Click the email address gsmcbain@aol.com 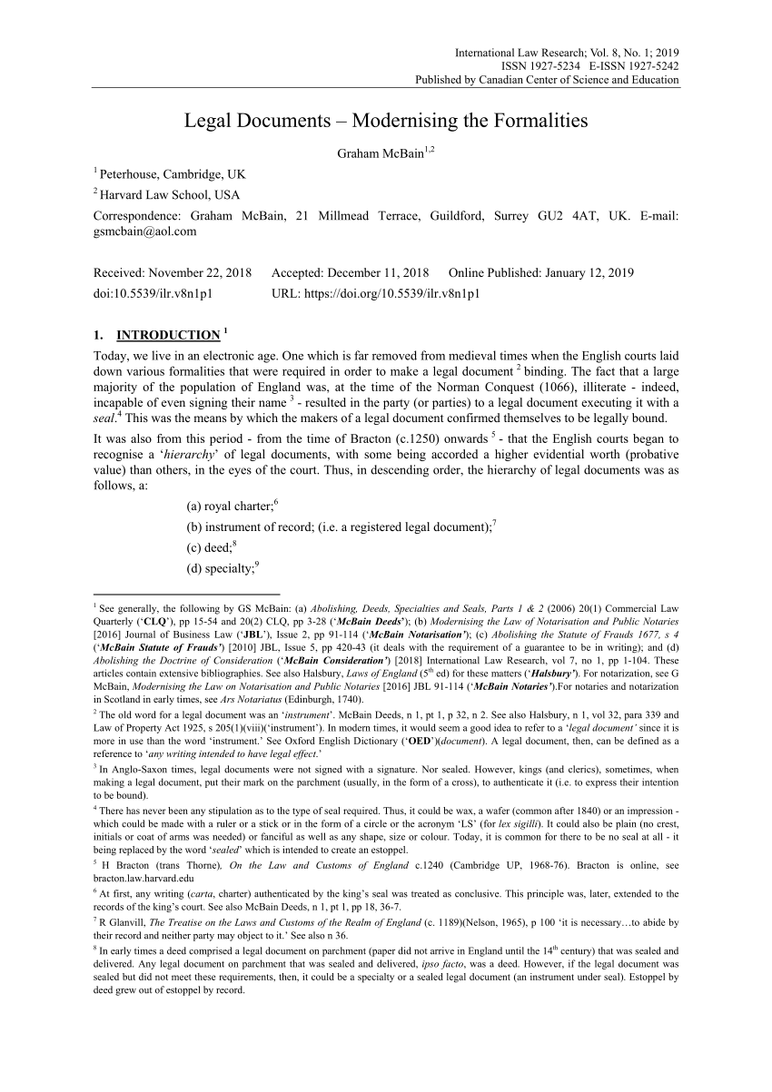(145, 231)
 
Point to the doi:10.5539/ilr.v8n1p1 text (155, 293)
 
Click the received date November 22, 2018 (201, 272)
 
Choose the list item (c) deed (209, 547)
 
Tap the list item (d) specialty (221, 568)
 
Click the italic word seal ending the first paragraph (105, 418)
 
